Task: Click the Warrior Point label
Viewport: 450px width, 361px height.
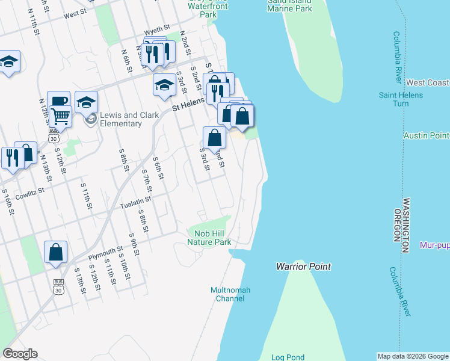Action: pos(303,266)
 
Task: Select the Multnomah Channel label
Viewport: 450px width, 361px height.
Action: pos(230,294)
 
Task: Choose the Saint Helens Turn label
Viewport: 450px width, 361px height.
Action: pos(394,99)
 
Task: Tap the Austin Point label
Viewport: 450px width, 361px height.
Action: pos(427,135)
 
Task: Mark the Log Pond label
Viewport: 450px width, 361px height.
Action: pos(288,357)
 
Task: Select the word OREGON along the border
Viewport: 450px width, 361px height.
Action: pos(398,226)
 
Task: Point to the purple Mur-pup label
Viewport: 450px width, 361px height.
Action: pos(434,245)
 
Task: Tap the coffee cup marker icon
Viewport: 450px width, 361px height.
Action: pos(58,101)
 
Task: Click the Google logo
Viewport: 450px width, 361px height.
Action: pos(20,354)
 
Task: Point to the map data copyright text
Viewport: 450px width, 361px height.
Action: pos(412,356)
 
